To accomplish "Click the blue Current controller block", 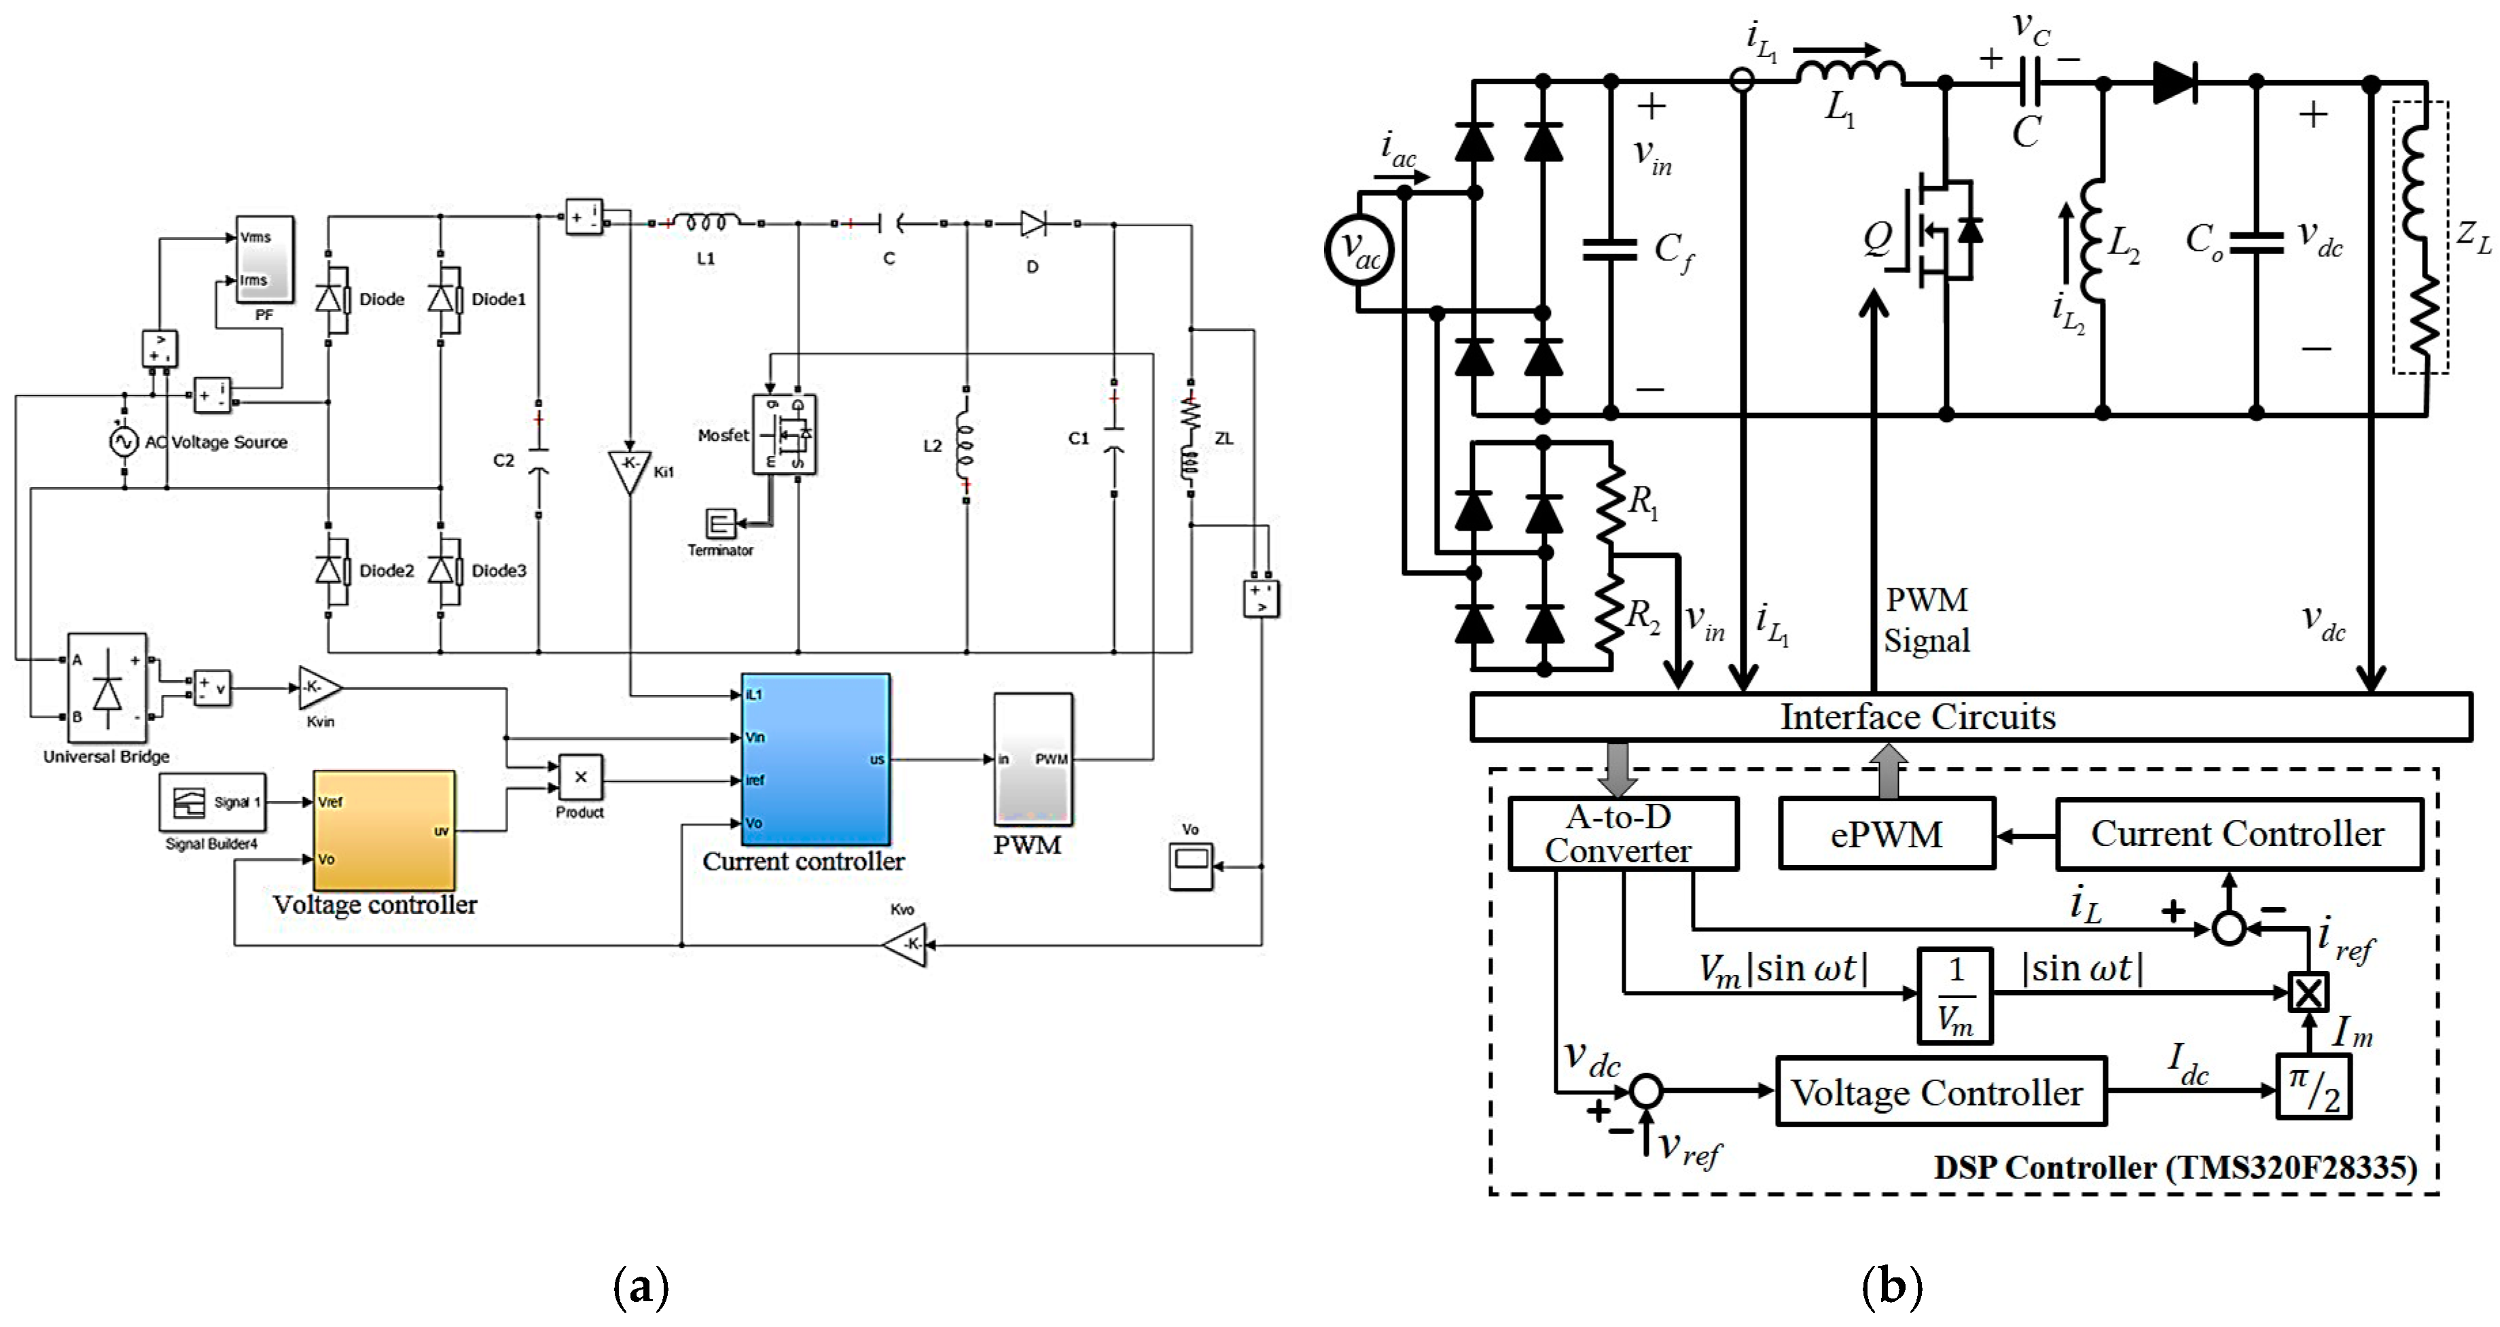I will pyautogui.click(x=815, y=759).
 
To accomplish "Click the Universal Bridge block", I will pyautogui.click(x=107, y=688).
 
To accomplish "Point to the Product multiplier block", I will pyautogui.click(x=580, y=777).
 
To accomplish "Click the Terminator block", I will pyautogui.click(x=720, y=524).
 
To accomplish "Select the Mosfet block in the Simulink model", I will pyautogui.click(x=784, y=434).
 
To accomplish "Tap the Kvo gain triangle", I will pyautogui.click(x=908, y=944).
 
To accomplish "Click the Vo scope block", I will pyautogui.click(x=1191, y=865).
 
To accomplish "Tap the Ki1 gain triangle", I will pyautogui.click(x=629, y=469).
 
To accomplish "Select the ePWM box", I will pyautogui.click(x=1887, y=834).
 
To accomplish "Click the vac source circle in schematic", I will pyautogui.click(x=1359, y=251).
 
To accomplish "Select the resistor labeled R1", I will pyautogui.click(x=1611, y=502).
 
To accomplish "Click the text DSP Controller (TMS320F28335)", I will pyautogui.click(x=2175, y=1167).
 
